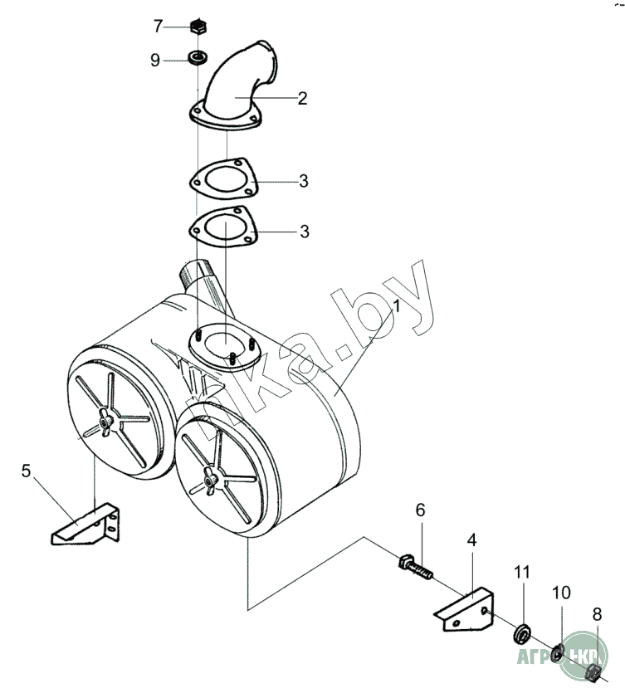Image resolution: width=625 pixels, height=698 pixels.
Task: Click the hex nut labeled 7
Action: pyautogui.click(x=198, y=27)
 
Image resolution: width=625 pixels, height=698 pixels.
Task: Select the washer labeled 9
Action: pyautogui.click(x=198, y=59)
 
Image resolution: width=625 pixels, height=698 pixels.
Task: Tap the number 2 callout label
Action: pyautogui.click(x=302, y=99)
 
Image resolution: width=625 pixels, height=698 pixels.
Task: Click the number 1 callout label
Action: pyautogui.click(x=397, y=305)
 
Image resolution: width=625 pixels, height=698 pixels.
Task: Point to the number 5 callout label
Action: pyautogui.click(x=27, y=472)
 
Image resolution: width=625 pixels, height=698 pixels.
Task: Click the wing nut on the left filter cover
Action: pyautogui.click(x=105, y=424)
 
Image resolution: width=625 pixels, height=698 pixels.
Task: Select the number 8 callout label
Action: pyautogui.click(x=597, y=615)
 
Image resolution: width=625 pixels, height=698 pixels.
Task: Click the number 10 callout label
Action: pyautogui.click(x=562, y=593)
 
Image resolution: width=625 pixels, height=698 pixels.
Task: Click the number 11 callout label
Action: pyautogui.click(x=521, y=572)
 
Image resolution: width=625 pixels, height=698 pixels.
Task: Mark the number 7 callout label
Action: pyautogui.click(x=157, y=27)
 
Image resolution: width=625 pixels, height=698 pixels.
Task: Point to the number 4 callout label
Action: pyautogui.click(x=471, y=540)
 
